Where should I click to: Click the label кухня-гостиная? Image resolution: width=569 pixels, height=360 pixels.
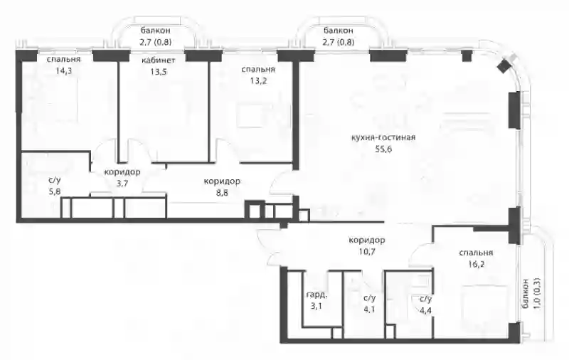(383, 137)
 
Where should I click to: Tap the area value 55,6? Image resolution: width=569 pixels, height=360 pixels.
(383, 149)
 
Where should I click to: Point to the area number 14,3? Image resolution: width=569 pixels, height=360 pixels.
(63, 70)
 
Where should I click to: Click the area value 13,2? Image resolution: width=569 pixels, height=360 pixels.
(258, 80)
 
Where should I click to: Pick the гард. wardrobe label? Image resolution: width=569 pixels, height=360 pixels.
(317, 295)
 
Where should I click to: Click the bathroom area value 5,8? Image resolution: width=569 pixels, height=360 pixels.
(55, 191)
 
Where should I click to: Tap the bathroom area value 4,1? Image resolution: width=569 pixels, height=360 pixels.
(369, 309)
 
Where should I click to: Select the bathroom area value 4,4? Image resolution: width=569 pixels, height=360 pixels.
(425, 311)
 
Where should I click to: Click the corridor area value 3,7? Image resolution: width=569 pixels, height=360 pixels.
(122, 184)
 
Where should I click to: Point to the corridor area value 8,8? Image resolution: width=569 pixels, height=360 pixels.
(222, 193)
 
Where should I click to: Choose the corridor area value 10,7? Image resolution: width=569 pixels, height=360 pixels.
(366, 251)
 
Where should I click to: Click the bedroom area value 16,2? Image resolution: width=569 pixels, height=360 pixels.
(476, 264)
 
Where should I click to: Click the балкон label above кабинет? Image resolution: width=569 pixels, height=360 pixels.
(155, 31)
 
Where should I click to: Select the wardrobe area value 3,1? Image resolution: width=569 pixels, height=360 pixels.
(316, 307)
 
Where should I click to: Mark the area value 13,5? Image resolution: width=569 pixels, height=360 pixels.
(158, 71)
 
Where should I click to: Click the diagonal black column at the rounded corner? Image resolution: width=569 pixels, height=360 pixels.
(504, 65)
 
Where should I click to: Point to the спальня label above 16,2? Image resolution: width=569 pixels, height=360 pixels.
(476, 253)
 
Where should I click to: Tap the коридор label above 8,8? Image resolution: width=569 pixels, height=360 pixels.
(222, 181)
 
